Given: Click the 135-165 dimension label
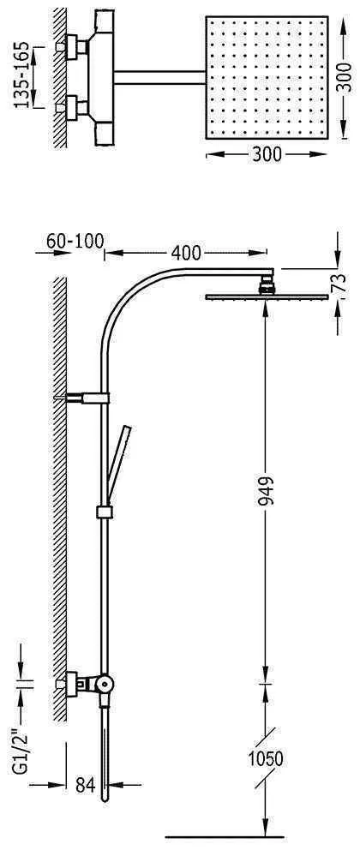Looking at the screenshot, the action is [21, 76].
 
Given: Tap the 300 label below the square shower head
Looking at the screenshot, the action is [267, 155].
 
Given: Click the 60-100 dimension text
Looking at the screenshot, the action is [75, 241].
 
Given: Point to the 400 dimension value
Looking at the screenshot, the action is [186, 253].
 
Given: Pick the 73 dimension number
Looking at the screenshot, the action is [340, 283].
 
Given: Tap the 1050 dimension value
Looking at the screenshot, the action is [265, 760].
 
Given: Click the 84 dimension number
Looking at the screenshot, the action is [85, 785].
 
